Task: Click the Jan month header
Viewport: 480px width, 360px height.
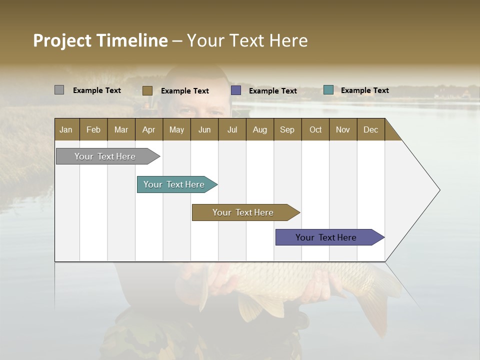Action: pyautogui.click(x=66, y=129)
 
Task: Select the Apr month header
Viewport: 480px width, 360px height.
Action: pyautogui.click(x=148, y=129)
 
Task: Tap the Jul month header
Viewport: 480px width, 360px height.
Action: pyautogui.click(x=232, y=129)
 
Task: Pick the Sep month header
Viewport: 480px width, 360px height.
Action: pyautogui.click(x=287, y=129)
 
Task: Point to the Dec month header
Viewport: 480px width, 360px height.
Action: pyautogui.click(x=370, y=129)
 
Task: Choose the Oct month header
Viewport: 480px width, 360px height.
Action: pyautogui.click(x=315, y=129)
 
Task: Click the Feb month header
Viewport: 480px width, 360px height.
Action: pyautogui.click(x=93, y=129)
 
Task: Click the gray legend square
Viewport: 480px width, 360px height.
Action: pyautogui.click(x=59, y=90)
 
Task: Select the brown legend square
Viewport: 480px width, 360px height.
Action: pyautogui.click(x=147, y=90)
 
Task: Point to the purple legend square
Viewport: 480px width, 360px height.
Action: pyautogui.click(x=236, y=90)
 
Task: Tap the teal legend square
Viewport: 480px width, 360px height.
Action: pyautogui.click(x=328, y=90)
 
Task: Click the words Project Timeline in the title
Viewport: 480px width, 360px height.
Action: pyautogui.click(x=100, y=40)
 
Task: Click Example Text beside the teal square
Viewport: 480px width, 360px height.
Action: pyautogui.click(x=364, y=90)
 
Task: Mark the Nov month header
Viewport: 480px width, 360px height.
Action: pyautogui.click(x=343, y=129)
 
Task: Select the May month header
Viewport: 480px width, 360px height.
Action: pyautogui.click(x=176, y=129)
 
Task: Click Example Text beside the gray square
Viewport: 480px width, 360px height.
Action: pyautogui.click(x=97, y=90)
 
